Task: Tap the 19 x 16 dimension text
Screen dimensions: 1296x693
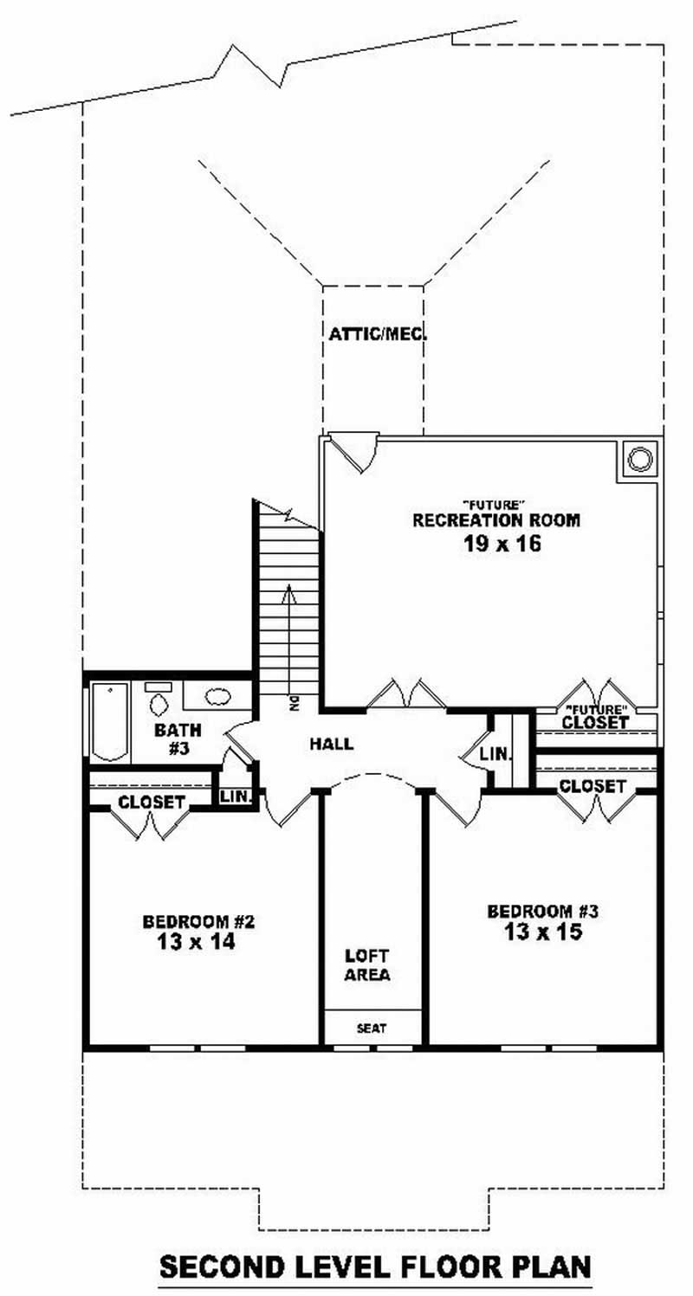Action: (495, 545)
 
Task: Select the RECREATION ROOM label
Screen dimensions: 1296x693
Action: (495, 521)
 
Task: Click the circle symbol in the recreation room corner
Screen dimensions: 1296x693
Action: (638, 460)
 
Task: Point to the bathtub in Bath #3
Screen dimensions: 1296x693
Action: (109, 721)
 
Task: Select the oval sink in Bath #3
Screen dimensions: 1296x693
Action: (217, 695)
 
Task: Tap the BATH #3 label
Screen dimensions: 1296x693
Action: (178, 739)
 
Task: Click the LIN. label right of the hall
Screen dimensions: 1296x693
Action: (495, 755)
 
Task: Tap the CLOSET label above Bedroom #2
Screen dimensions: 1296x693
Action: (152, 803)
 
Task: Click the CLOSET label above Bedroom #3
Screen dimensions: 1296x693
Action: (592, 786)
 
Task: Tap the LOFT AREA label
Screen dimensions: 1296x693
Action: (367, 965)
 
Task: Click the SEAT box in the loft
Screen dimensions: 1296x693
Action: (372, 1028)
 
